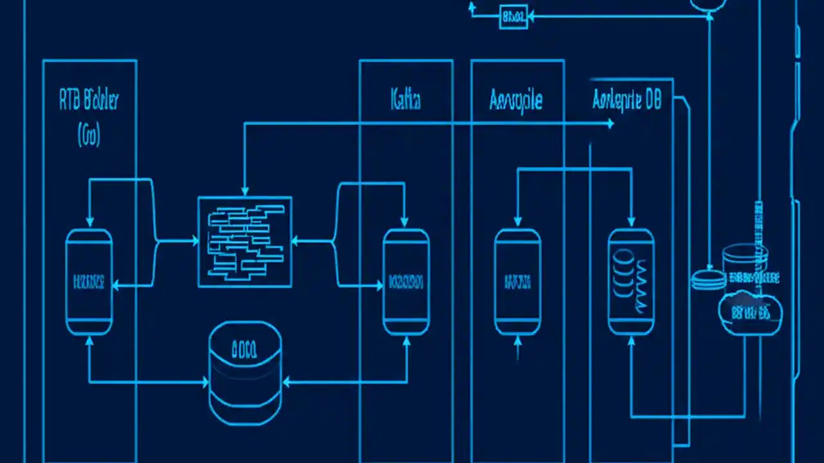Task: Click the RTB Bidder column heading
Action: [x=89, y=100]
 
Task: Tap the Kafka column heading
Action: [x=406, y=100]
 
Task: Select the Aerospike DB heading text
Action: [x=626, y=101]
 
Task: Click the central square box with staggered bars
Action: [x=245, y=242]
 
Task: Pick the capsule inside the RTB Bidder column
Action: [x=89, y=282]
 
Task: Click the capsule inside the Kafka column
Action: [x=406, y=282]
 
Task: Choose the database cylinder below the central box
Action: [x=245, y=373]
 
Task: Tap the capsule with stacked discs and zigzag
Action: [x=631, y=282]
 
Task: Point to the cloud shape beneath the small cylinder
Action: [x=750, y=314]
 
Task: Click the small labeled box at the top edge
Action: [x=513, y=17]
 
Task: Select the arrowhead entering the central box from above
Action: [x=245, y=191]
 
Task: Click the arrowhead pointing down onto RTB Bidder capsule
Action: [x=89, y=222]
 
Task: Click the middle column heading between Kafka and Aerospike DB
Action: [x=516, y=100]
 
